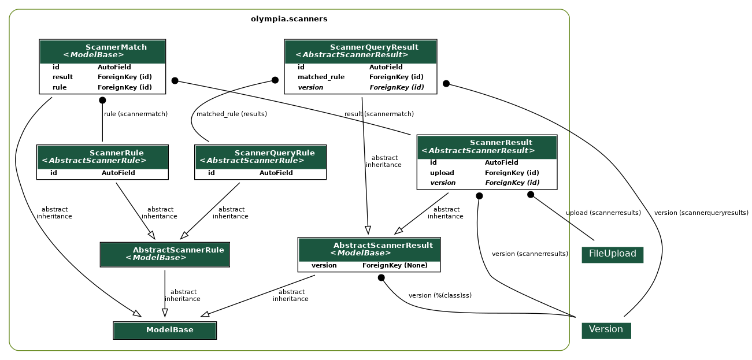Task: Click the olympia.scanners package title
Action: [x=289, y=19]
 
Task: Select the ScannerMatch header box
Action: [x=102, y=51]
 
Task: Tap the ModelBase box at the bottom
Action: [x=165, y=330]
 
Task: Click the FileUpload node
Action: [x=612, y=254]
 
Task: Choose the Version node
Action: [x=606, y=330]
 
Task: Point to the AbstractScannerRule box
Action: [x=165, y=254]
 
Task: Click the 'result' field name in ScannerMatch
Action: [x=62, y=77]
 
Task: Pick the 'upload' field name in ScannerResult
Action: [x=442, y=173]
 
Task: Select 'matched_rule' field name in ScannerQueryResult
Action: [x=321, y=77]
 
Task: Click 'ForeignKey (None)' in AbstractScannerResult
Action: [x=395, y=265]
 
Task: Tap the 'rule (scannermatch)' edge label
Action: [x=136, y=114]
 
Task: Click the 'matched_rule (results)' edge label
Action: [x=231, y=114]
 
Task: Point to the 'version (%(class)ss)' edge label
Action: [x=440, y=296]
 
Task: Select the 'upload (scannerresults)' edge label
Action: [x=603, y=213]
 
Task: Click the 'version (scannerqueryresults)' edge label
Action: [x=701, y=213]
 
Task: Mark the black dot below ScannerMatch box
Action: [x=102, y=100]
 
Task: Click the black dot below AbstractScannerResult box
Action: [x=381, y=277]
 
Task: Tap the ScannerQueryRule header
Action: [x=260, y=157]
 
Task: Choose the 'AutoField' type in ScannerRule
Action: [x=118, y=173]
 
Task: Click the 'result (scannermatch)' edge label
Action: [x=379, y=114]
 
